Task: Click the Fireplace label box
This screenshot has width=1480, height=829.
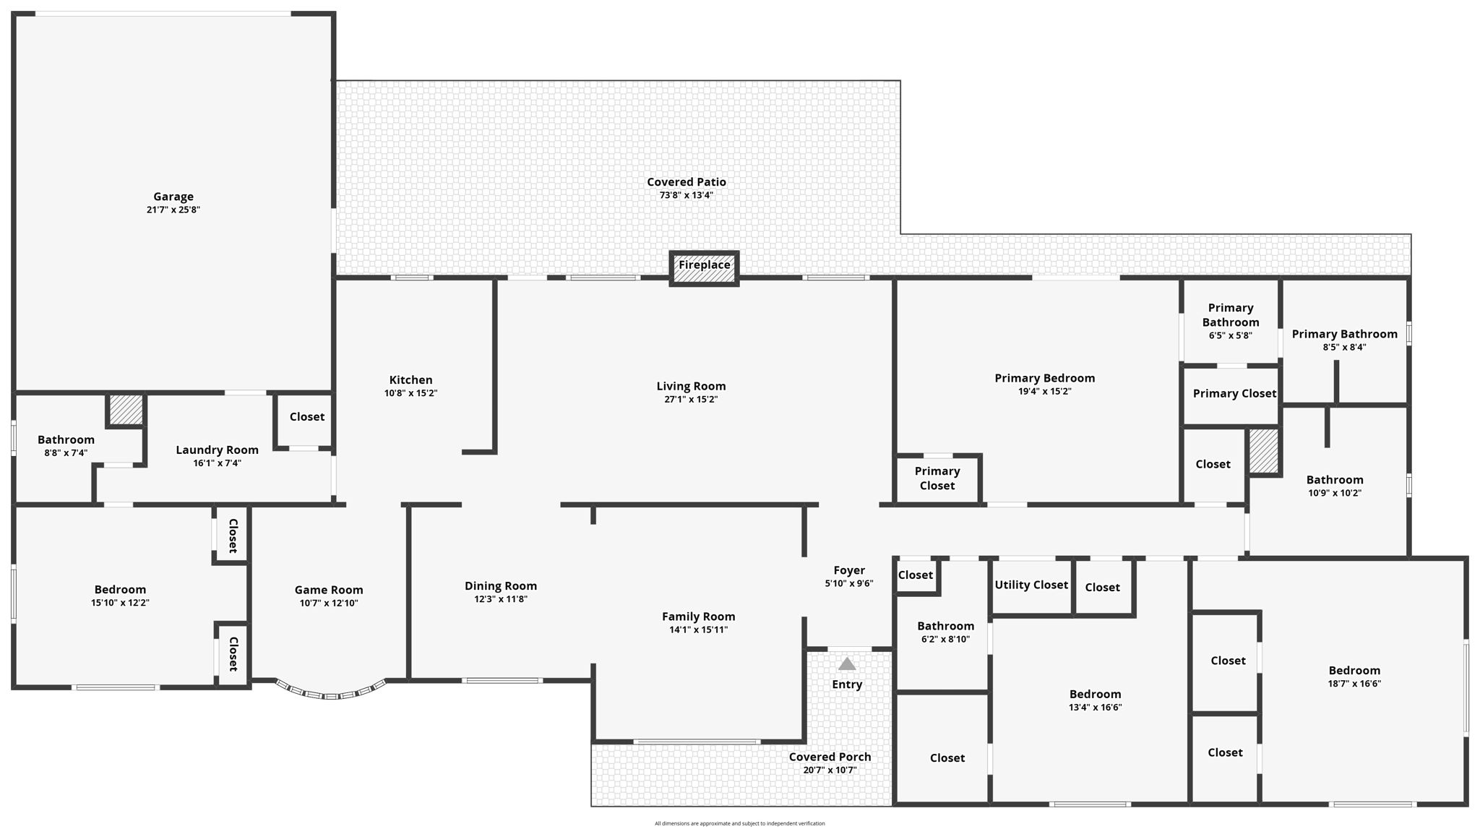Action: point(704,268)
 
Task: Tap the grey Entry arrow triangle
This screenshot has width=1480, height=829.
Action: point(847,663)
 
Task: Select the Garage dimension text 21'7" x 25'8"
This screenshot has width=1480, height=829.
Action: point(173,210)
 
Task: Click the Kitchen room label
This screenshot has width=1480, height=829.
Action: point(410,380)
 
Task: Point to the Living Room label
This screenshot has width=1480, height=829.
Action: point(691,387)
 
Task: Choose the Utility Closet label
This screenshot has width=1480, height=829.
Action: point(1031,585)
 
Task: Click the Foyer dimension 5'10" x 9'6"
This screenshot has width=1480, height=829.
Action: point(849,583)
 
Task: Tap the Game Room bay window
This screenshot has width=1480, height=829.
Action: point(331,692)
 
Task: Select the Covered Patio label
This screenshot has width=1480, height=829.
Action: point(686,182)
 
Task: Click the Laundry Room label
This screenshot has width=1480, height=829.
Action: point(217,450)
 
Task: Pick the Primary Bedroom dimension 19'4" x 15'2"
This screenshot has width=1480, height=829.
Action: point(1044,392)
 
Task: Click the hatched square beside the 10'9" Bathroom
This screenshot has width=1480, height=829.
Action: point(1264,452)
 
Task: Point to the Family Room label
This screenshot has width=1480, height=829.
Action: point(698,617)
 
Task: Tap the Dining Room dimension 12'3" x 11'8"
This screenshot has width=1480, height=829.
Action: point(500,599)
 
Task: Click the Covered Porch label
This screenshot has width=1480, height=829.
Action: point(830,757)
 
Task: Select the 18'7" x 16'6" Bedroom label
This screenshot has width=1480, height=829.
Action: point(1354,671)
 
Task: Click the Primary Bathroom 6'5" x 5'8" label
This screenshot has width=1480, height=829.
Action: point(1230,315)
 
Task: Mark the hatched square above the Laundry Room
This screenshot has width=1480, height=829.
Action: point(126,410)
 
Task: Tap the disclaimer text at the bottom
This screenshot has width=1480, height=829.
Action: point(739,823)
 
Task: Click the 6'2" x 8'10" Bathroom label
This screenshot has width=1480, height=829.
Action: point(945,626)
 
